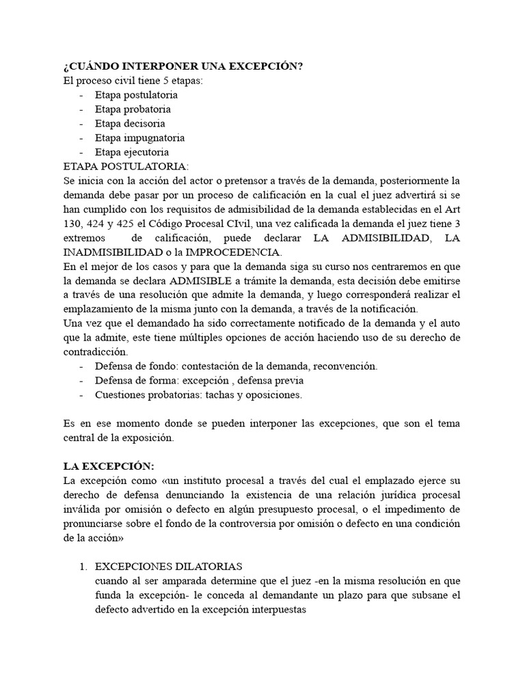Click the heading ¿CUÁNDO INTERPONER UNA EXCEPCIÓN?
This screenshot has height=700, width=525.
(x=183, y=66)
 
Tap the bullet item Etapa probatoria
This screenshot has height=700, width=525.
(x=133, y=109)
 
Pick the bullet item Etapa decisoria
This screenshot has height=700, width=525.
(x=131, y=123)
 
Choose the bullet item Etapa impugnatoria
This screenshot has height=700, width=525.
(x=139, y=137)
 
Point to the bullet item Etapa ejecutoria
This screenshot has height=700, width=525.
(x=132, y=152)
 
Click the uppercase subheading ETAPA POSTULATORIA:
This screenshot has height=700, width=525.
(x=124, y=166)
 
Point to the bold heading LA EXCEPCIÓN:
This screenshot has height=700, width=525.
(x=105, y=466)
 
